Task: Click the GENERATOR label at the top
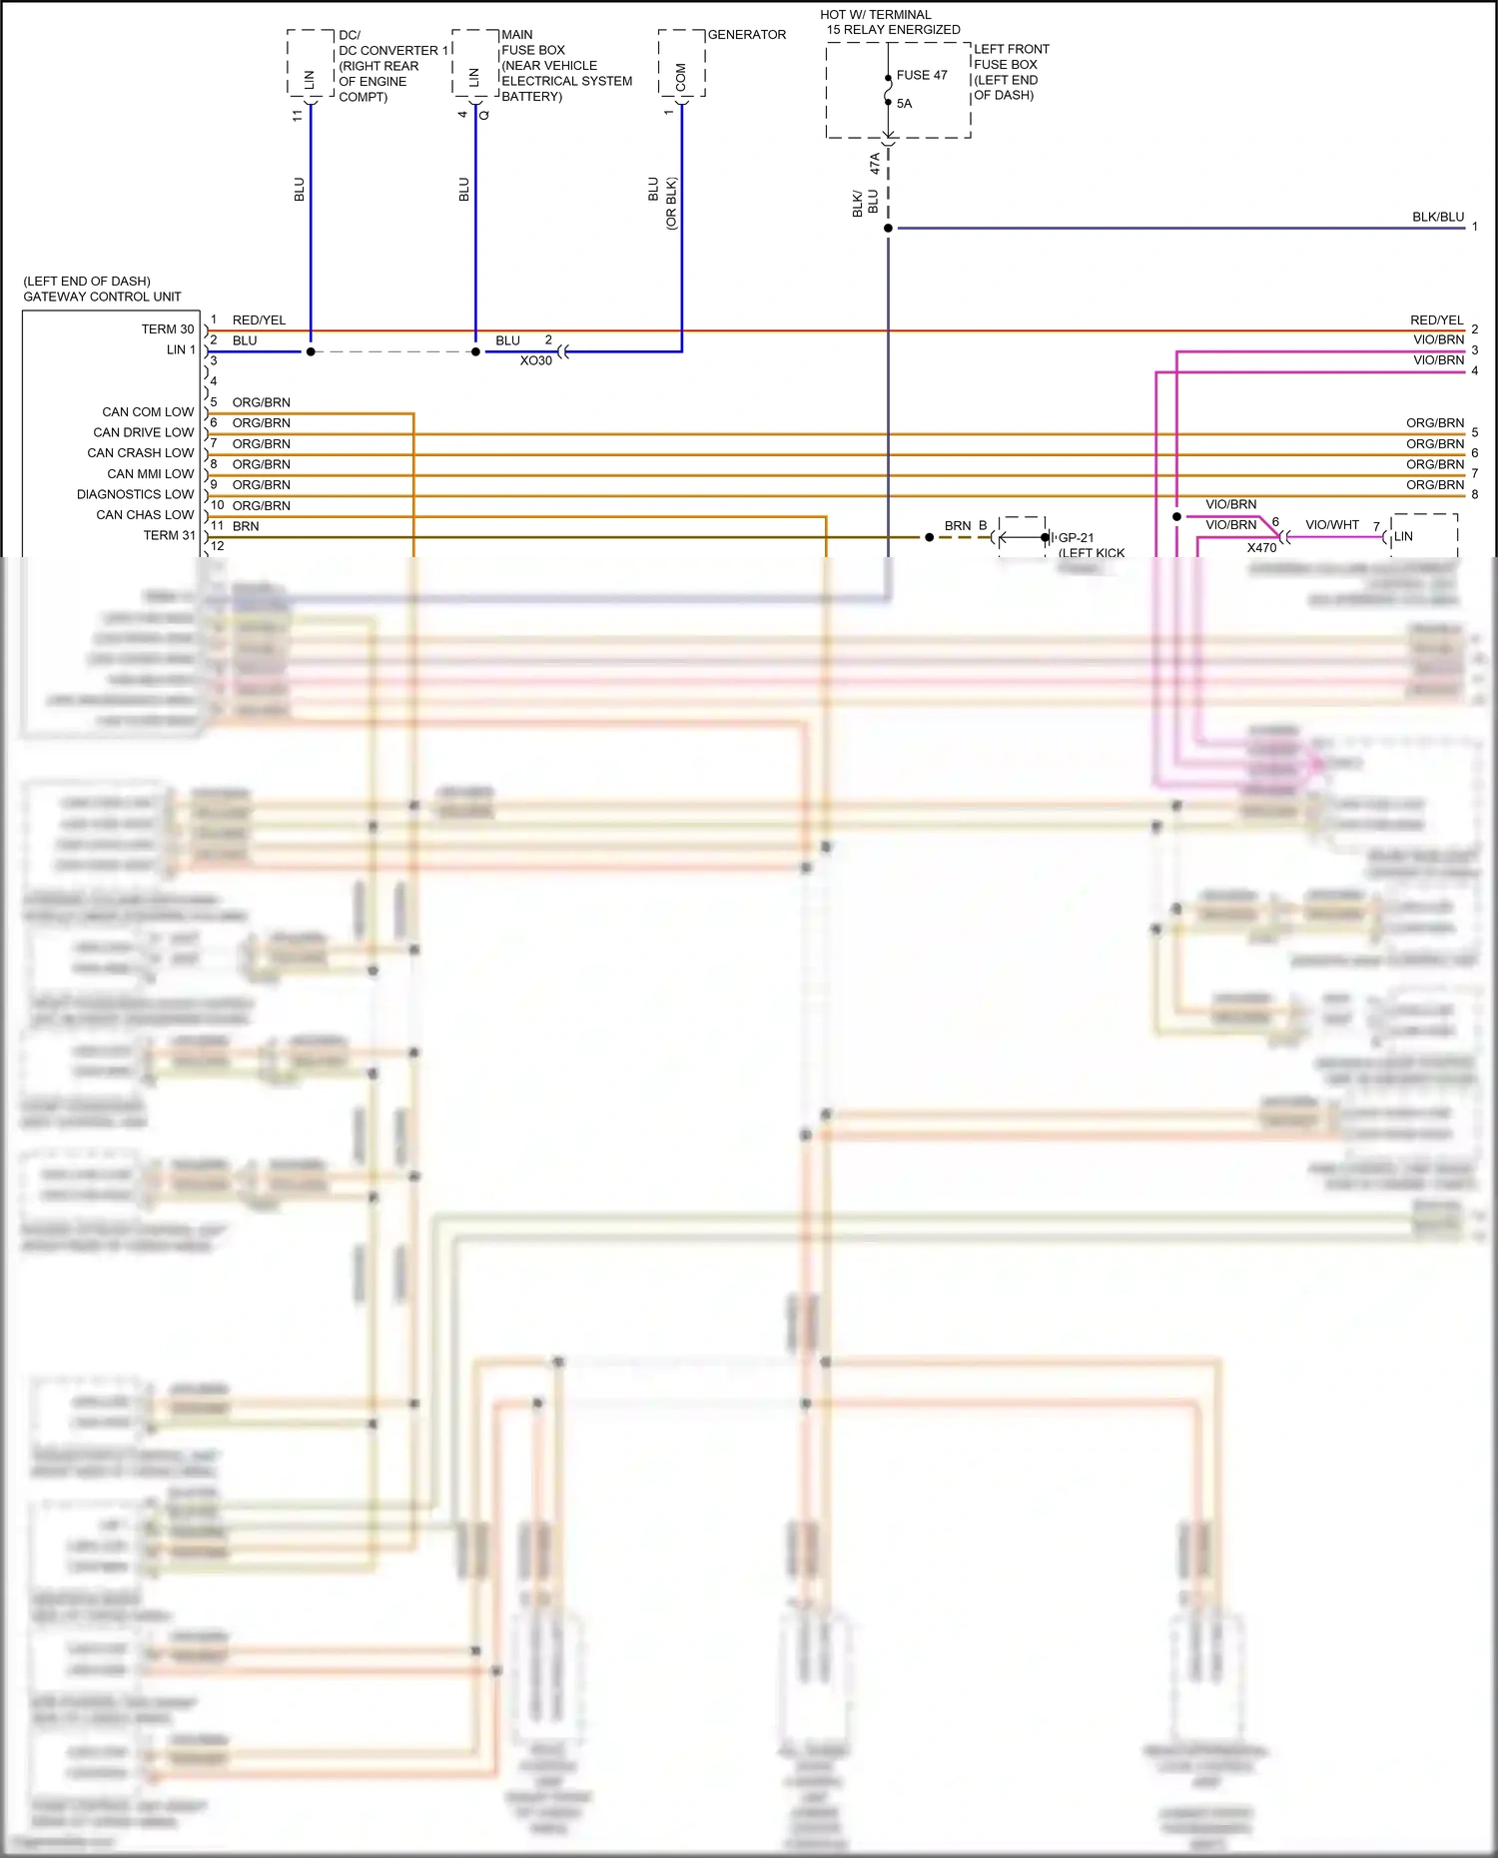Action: pyautogui.click(x=746, y=35)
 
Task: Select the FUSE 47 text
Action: pyautogui.click(x=921, y=75)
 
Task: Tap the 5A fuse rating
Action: pyautogui.click(x=904, y=104)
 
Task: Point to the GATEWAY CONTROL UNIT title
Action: pyautogui.click(x=102, y=297)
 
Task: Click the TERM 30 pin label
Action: pyautogui.click(x=167, y=329)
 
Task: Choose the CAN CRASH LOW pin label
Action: pyautogui.click(x=140, y=453)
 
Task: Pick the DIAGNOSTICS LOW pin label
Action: pyautogui.click(x=135, y=494)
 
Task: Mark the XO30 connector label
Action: pyautogui.click(x=535, y=360)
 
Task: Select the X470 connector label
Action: pyautogui.click(x=1261, y=548)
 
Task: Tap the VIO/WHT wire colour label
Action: pyautogui.click(x=1331, y=525)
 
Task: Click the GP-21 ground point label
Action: pyautogui.click(x=1076, y=538)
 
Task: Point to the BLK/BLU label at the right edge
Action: pyautogui.click(x=1437, y=217)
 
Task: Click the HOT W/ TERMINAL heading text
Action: pyautogui.click(x=875, y=15)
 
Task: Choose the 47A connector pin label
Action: pyautogui.click(x=875, y=163)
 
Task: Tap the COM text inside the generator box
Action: pyautogui.click(x=681, y=77)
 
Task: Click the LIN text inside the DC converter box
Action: pyautogui.click(x=309, y=80)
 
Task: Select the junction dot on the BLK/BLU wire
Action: pyautogui.click(x=888, y=229)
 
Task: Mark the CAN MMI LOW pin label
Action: pyautogui.click(x=150, y=474)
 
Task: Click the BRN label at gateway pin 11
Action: pyautogui.click(x=246, y=526)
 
